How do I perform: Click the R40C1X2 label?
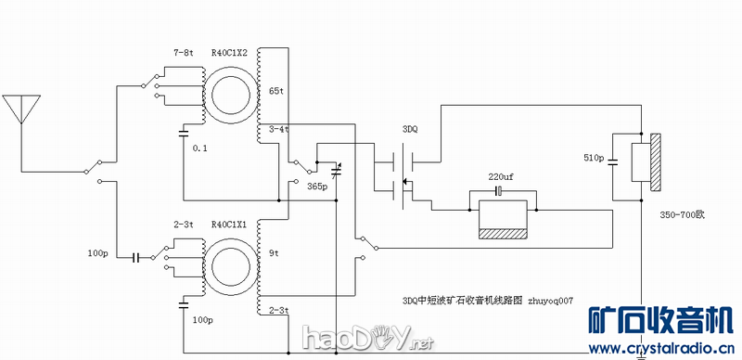point(229,53)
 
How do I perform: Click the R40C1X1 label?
point(229,224)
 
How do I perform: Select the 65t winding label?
point(275,91)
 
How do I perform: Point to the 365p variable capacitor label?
point(317,186)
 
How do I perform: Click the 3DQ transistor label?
point(410,130)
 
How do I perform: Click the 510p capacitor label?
point(594,159)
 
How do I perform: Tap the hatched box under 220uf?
point(501,233)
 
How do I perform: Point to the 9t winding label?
point(273,251)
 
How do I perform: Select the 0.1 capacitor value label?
point(199,148)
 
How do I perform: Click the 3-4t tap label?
point(278,129)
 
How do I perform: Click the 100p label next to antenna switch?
point(98,253)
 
